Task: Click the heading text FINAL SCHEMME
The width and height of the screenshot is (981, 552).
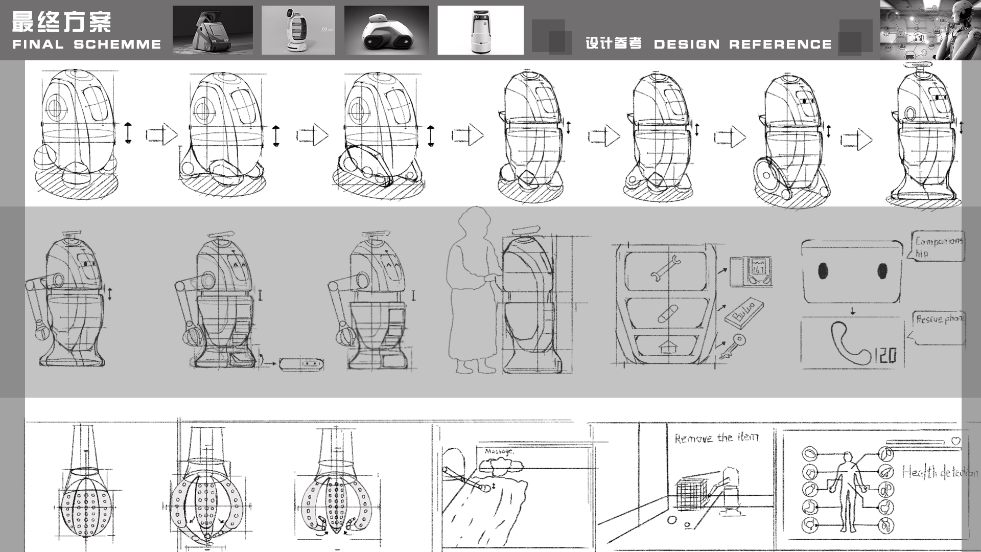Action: (86, 45)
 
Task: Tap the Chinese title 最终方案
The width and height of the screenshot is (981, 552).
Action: (61, 22)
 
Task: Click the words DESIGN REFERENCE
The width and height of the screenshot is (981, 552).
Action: (742, 45)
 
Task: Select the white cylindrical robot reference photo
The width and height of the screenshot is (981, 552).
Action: (480, 30)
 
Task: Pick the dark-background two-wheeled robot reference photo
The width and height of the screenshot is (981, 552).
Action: (386, 30)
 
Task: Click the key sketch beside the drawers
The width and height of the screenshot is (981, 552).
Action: (732, 346)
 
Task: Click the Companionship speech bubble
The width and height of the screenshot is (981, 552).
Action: (938, 246)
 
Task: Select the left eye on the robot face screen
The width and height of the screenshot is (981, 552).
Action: (822, 271)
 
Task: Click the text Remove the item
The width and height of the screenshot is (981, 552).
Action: (716, 439)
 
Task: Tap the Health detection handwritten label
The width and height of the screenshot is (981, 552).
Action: (939, 472)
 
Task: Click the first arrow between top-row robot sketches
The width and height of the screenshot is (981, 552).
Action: (162, 135)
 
